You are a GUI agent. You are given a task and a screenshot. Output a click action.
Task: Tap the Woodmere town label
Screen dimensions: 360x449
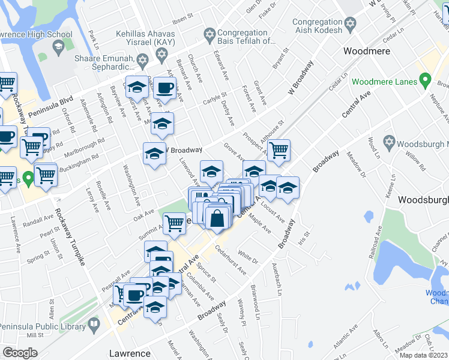[366, 51]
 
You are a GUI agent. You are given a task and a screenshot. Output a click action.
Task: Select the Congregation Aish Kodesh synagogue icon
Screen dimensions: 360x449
[351, 26]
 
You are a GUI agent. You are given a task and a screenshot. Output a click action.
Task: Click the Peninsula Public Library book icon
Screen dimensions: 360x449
[94, 325]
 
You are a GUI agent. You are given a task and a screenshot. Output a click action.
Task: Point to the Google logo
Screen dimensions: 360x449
[20, 353]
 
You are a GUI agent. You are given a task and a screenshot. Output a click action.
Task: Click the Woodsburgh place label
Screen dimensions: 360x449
[423, 199]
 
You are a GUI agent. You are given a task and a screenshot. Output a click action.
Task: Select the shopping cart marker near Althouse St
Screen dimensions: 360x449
[279, 151]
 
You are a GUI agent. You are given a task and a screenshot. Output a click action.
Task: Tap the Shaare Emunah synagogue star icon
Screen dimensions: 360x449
[142, 59]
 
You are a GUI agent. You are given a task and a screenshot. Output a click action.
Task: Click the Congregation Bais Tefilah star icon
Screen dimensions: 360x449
[209, 34]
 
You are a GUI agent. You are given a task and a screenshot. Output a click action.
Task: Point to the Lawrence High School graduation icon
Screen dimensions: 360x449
[58, 46]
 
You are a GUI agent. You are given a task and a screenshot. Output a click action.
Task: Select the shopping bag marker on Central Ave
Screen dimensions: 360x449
[217, 219]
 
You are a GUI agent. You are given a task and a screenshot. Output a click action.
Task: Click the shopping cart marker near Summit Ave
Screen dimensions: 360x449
[174, 223]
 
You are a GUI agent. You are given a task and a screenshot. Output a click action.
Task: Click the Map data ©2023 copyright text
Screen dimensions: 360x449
[423, 355]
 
